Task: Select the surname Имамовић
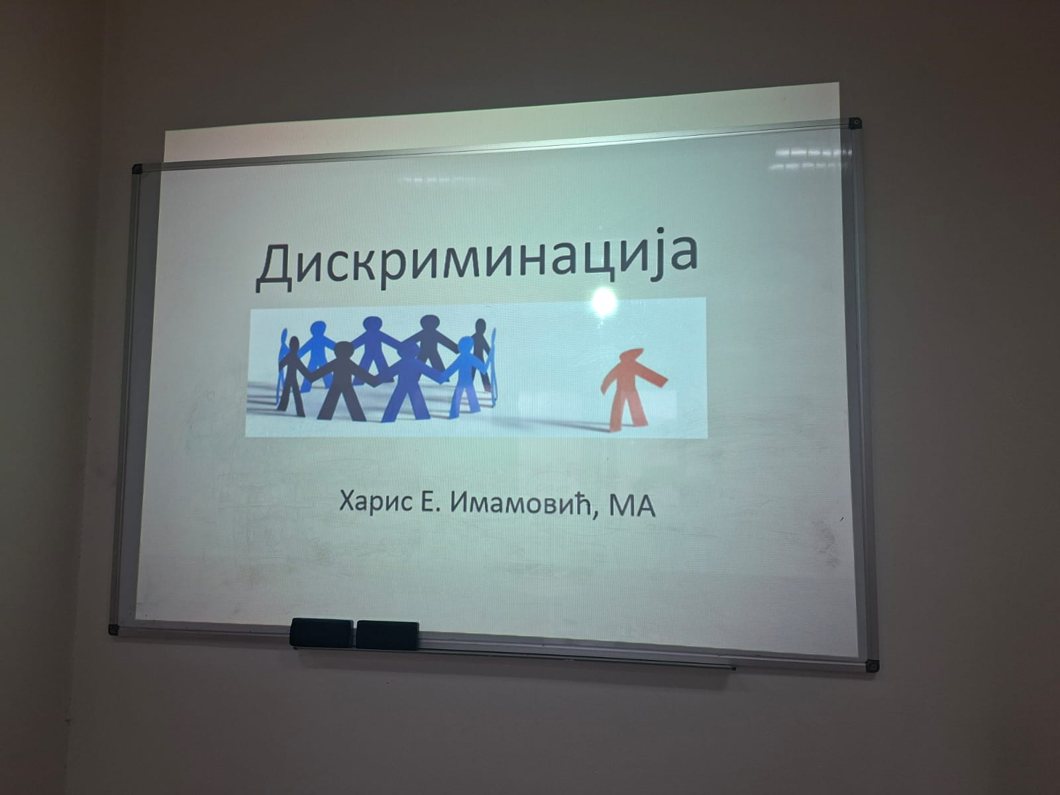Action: coord(517,503)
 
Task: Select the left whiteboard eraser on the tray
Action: coord(321,633)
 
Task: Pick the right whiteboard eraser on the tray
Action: coord(388,635)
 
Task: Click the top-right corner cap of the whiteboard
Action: coord(855,123)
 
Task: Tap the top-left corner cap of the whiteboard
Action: coord(138,169)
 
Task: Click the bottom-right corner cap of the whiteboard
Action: coord(872,666)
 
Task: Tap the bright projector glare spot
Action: coord(604,301)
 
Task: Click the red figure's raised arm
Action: coord(655,376)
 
